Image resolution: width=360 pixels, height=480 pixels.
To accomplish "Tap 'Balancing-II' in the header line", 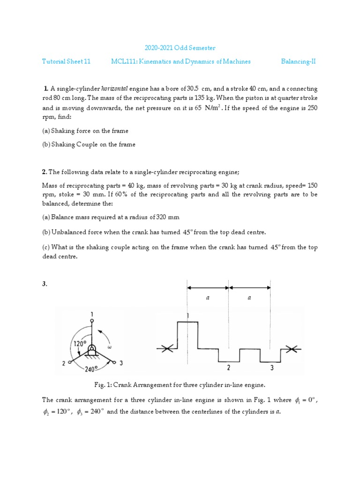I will [298, 61].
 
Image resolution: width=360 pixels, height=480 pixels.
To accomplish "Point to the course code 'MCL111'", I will [123, 61].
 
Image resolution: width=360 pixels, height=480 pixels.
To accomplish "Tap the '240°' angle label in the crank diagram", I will [92, 369].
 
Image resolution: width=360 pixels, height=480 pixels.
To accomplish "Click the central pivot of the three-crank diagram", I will [93, 349].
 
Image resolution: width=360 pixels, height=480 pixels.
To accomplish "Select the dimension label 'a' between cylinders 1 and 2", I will [208, 298].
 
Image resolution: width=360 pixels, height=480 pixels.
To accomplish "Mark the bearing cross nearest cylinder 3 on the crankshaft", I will [292, 349].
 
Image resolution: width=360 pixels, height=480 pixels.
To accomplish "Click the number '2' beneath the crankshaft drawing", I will [228, 367].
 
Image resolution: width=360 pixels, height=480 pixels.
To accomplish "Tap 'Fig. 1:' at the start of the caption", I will [103, 385].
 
